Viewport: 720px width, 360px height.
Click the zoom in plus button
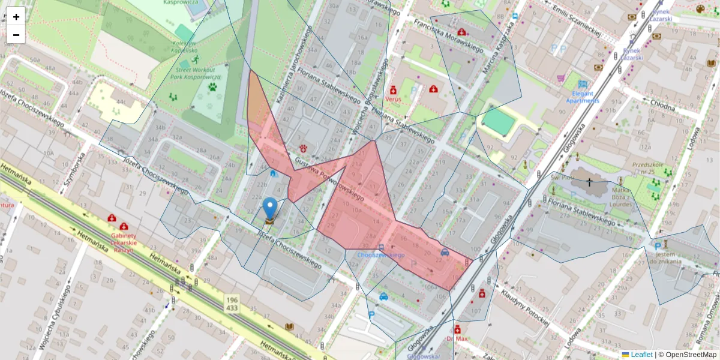coord(16,17)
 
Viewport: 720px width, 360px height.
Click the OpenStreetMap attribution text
coord(687,355)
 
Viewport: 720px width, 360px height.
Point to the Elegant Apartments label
coord(583,97)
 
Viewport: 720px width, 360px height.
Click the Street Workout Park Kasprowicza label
coord(196,73)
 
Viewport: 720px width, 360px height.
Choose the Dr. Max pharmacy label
coord(457,338)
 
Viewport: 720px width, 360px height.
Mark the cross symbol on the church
coord(589,181)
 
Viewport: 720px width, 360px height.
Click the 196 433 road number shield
coord(232,303)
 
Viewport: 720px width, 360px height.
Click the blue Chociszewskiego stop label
coord(380,255)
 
